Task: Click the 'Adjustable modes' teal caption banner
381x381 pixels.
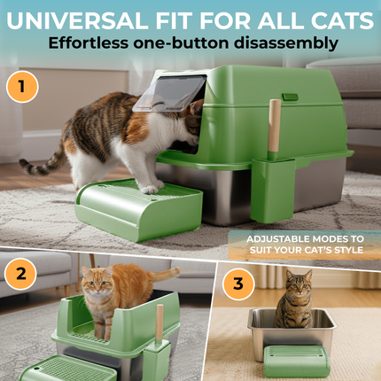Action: coord(305,245)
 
